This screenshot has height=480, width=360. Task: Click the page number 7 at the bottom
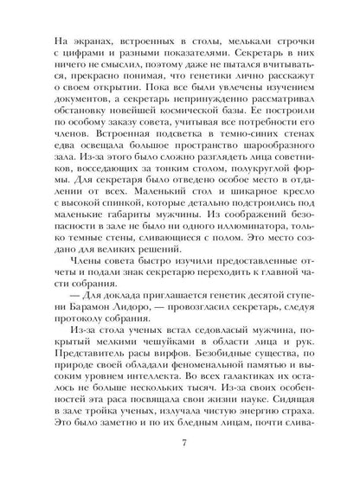point(180,445)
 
